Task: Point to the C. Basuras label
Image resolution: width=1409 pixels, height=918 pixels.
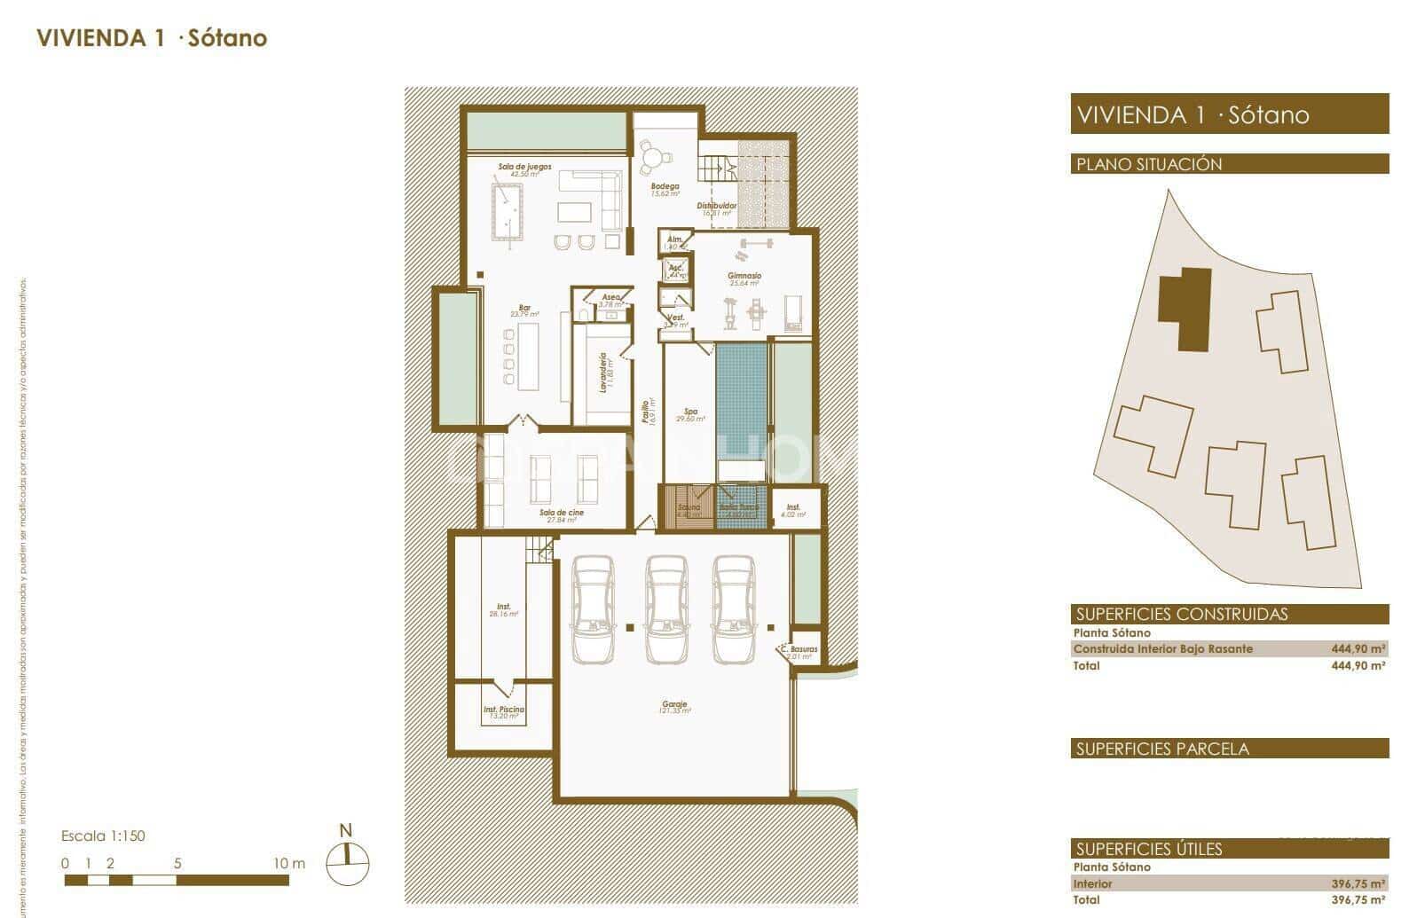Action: coord(799,651)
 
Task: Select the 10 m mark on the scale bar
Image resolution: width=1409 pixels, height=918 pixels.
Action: coord(288,863)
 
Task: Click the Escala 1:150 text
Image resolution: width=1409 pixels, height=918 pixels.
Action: coord(103,836)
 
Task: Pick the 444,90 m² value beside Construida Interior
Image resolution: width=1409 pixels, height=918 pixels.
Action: coord(1358,649)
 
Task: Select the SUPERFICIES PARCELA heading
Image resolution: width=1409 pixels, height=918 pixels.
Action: coord(1162,749)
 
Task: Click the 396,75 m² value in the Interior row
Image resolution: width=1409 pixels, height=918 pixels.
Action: coord(1358,884)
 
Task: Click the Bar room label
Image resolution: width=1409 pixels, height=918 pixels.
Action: coord(524,308)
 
